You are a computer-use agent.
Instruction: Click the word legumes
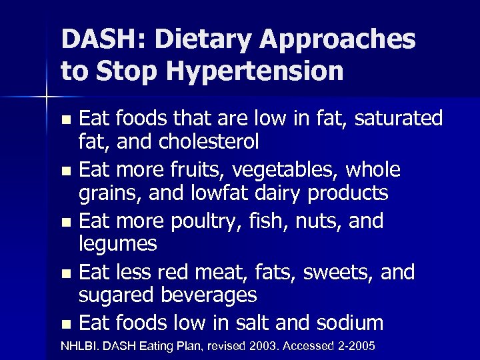(x=117, y=245)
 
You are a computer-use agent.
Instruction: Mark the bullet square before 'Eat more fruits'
(x=65, y=171)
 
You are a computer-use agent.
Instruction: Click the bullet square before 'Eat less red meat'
(x=65, y=273)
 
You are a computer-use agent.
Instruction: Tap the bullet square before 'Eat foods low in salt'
(x=65, y=325)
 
